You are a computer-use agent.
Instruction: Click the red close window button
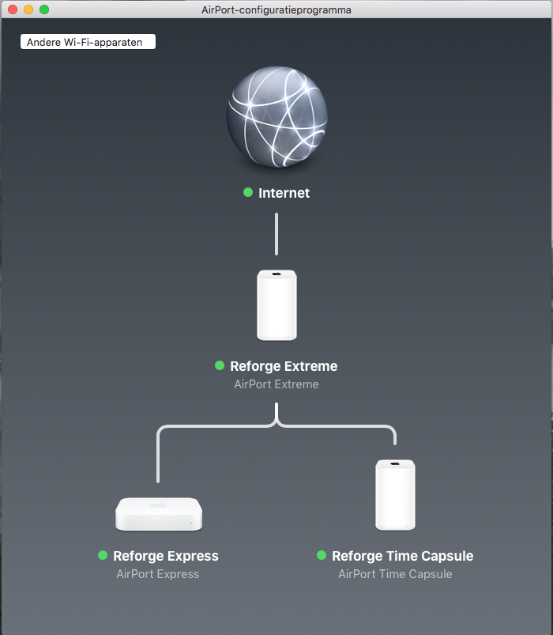pos(13,9)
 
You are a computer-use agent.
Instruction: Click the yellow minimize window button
pos(28,9)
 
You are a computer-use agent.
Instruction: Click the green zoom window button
pos(44,9)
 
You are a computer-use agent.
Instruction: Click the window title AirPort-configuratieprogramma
pos(276,10)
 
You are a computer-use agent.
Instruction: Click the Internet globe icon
pos(276,116)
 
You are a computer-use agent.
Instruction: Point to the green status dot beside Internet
pos(248,192)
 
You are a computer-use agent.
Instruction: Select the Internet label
pos(284,193)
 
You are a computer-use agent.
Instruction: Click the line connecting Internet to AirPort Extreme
pos(276,233)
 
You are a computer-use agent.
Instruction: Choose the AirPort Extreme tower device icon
pos(276,305)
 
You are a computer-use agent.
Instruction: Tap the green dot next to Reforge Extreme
pos(220,365)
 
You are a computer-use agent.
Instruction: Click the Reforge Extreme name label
pos(284,366)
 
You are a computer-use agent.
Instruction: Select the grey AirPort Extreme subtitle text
pos(276,384)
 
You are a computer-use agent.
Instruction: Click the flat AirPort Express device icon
pos(159,514)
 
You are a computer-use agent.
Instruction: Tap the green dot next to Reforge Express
pos(103,555)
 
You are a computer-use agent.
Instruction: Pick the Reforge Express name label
pos(166,556)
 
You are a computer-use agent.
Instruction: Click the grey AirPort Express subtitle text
pos(158,574)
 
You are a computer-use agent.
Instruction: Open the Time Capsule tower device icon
pos(395,494)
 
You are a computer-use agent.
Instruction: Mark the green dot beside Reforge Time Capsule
pos(322,555)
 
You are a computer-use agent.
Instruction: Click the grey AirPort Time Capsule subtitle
pos(395,574)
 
